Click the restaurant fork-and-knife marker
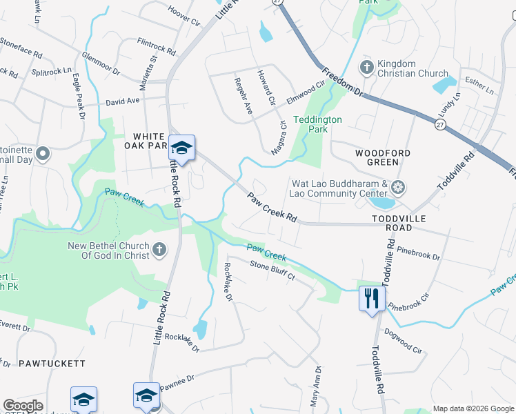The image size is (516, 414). pos(371,299)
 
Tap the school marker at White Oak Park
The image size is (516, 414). pos(181,148)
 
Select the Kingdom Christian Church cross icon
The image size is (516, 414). pos(367,68)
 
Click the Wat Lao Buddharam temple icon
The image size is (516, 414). pos(397,187)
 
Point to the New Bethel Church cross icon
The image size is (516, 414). pos(159,249)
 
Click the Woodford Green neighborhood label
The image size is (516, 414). pos(377,157)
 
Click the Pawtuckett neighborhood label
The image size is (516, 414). pos(52,362)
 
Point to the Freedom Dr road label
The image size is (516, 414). pos(341,81)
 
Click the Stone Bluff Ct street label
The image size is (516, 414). pos(272,270)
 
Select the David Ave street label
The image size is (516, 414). pos(123,101)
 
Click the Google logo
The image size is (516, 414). pos(23,406)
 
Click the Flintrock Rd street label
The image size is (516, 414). pos(158,46)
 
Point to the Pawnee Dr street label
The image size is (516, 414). pos(178,382)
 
